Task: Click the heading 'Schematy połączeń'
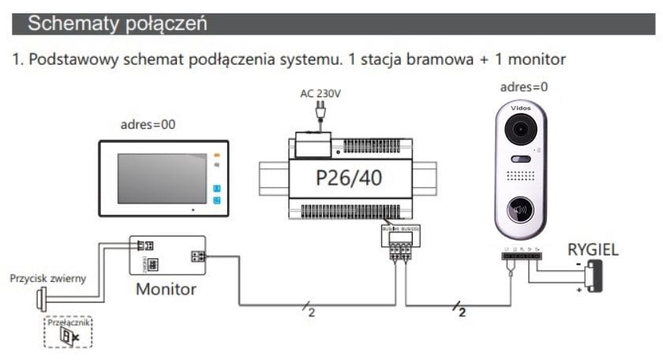click(118, 24)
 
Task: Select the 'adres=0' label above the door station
click(526, 86)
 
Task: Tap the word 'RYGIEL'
click(593, 249)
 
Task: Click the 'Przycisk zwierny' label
click(48, 279)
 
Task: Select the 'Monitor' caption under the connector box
click(166, 288)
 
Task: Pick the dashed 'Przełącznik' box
click(69, 332)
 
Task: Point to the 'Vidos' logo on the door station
click(521, 106)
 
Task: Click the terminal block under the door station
click(521, 257)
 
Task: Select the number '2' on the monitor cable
click(311, 313)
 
